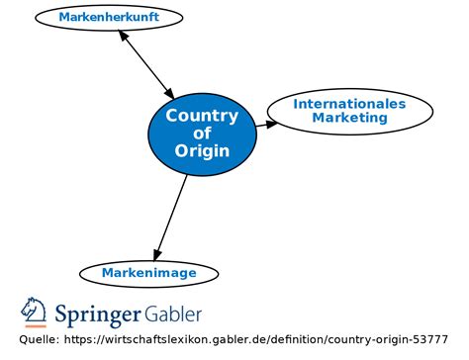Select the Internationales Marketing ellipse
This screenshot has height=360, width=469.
349,111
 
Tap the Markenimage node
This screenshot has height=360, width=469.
148,273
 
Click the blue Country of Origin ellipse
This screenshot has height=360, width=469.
202,134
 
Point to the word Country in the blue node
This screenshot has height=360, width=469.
202,116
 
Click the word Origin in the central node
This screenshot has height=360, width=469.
202,151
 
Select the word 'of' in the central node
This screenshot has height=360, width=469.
202,134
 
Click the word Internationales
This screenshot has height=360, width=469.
349,103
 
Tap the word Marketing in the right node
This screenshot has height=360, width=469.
349,118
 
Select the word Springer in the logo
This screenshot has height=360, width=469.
99,315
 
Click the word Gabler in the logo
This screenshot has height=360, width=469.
175,315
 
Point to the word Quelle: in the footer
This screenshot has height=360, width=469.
38,340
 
